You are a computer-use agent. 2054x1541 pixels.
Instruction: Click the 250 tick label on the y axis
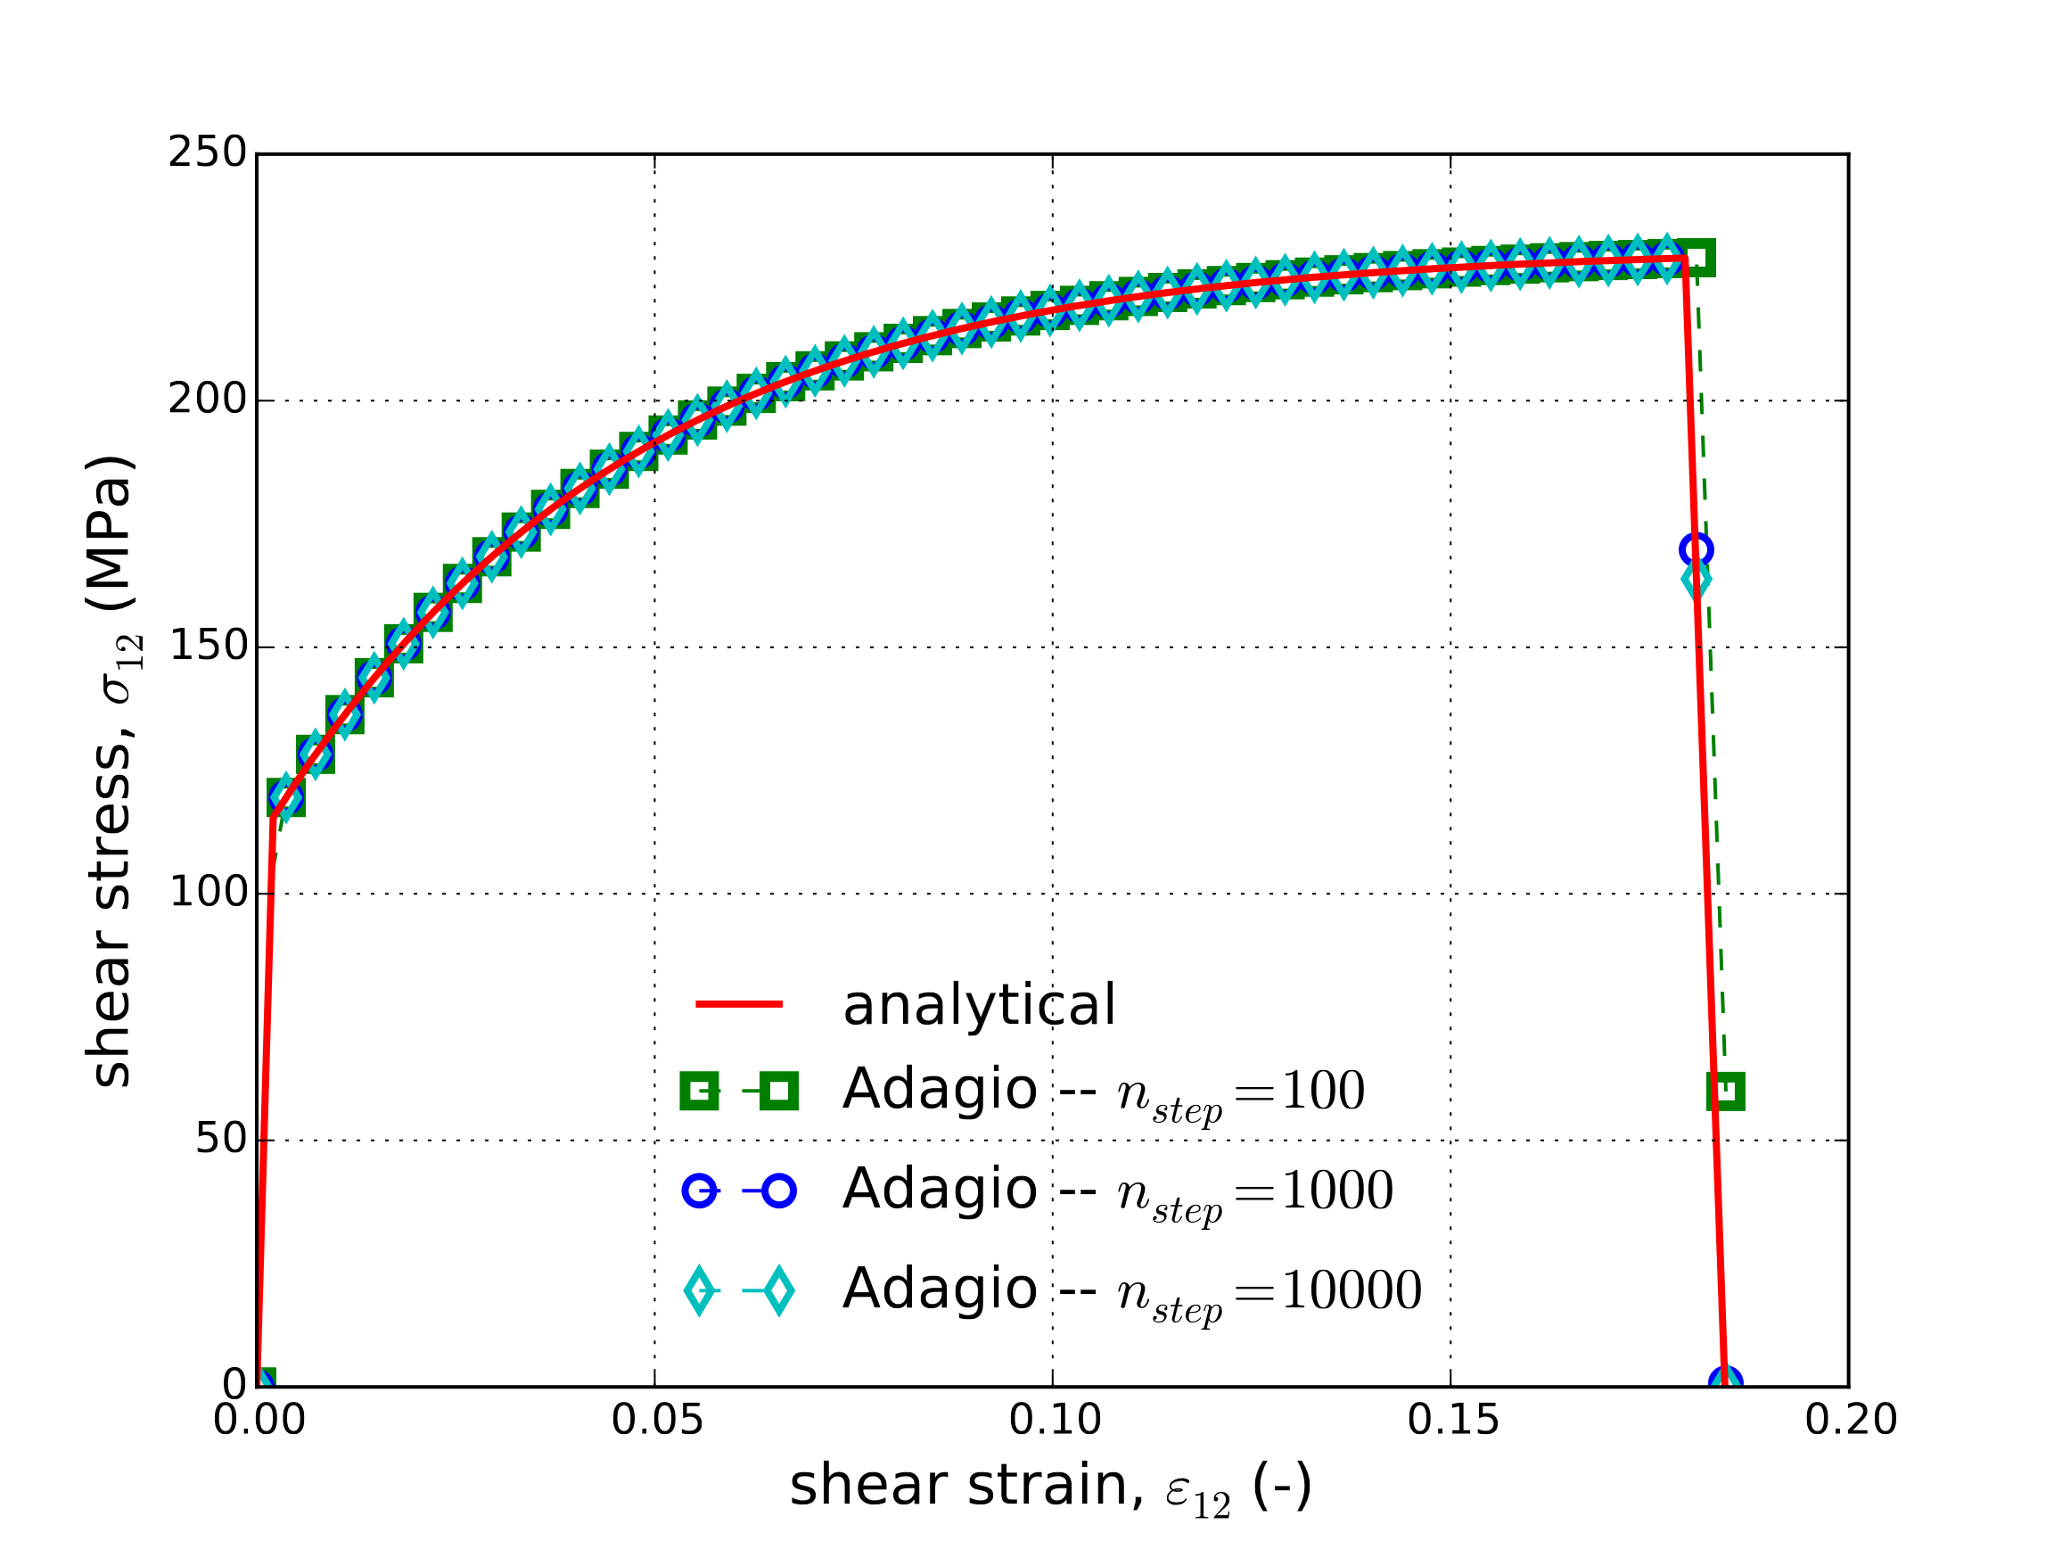click(206, 153)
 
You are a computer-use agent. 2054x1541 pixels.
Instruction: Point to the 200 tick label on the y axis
click(206, 400)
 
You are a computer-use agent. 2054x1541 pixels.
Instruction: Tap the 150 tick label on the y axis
click(206, 646)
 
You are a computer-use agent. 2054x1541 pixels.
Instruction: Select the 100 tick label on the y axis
click(206, 892)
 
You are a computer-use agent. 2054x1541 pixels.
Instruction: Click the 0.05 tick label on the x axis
click(656, 1421)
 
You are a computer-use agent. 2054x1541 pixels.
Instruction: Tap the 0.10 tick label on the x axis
click(1055, 1421)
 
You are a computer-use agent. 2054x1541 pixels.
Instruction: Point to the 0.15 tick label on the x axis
click(1453, 1421)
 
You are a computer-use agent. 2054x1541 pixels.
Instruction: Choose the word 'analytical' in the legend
click(979, 1005)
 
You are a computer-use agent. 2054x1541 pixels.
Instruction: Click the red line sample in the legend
click(739, 1004)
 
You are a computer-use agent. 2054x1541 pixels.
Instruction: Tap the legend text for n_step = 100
click(1103, 1091)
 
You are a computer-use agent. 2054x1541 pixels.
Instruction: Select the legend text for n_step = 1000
click(1117, 1190)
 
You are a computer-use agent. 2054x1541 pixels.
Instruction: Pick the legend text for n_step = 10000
click(1131, 1290)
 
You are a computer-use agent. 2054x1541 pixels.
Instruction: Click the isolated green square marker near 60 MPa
click(1725, 1091)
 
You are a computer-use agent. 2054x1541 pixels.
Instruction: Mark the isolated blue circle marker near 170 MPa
click(1696, 550)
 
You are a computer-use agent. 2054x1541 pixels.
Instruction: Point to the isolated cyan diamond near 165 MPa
click(1696, 580)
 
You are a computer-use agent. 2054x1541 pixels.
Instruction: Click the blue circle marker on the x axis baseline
click(1725, 1382)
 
